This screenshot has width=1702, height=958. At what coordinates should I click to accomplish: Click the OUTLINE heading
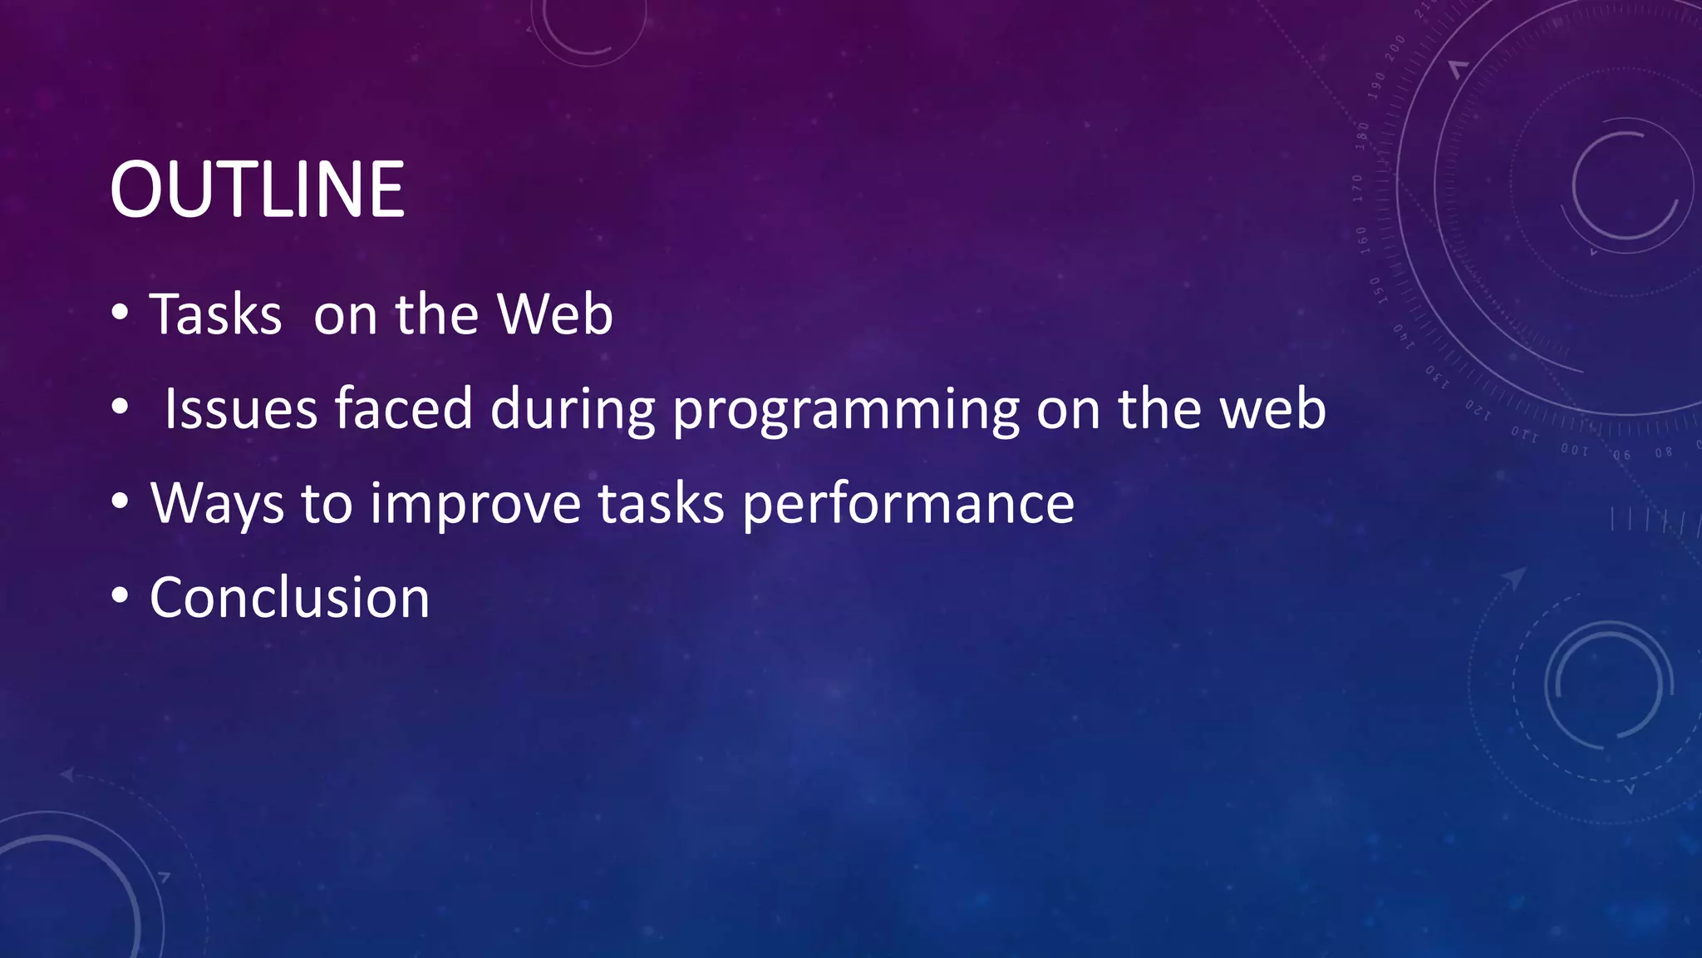257,190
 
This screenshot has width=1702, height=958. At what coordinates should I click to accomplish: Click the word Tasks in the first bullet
215,315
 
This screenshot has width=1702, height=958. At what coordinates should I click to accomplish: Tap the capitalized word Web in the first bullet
554,315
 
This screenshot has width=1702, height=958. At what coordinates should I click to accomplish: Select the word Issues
241,409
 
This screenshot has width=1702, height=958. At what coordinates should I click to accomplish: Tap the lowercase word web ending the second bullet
1272,409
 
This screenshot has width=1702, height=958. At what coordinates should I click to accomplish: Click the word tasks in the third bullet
662,504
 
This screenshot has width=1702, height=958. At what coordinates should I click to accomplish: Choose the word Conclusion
289,598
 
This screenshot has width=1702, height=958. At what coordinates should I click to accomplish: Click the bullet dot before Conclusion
121,596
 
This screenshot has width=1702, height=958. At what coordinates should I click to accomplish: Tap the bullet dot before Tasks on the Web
121,314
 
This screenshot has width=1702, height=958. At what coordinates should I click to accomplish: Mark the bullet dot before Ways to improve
121,501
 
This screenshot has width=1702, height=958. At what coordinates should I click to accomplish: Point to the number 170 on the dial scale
1358,189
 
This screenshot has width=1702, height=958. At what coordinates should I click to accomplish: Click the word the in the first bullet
437,315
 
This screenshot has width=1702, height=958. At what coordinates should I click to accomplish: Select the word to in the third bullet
327,504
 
